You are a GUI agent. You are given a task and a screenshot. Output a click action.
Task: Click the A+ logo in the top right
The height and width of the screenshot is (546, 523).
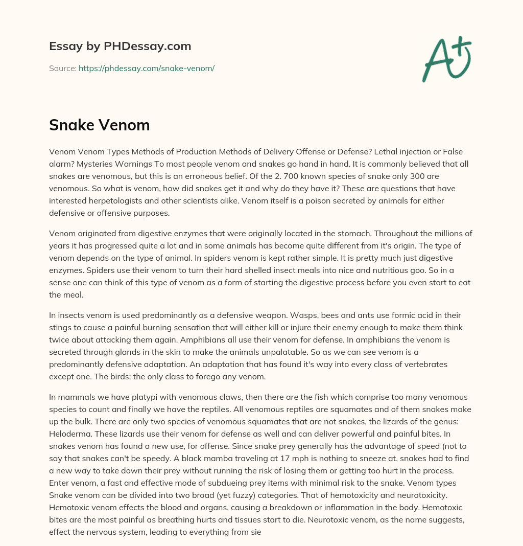click(446, 58)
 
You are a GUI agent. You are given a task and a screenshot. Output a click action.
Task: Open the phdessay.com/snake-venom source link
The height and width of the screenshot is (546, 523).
click(146, 68)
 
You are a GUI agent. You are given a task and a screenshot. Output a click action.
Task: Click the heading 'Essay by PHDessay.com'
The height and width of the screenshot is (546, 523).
click(120, 46)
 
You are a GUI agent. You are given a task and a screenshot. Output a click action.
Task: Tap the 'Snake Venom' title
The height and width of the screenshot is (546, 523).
click(99, 125)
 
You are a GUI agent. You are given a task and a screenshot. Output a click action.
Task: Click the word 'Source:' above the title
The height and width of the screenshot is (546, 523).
click(62, 68)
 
